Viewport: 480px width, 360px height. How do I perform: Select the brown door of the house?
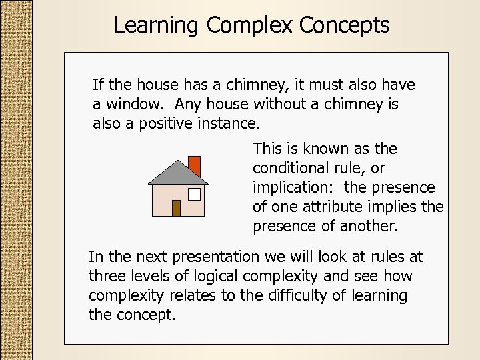click(176, 208)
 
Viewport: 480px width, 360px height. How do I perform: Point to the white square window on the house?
click(194, 194)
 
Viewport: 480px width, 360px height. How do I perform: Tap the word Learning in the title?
click(157, 25)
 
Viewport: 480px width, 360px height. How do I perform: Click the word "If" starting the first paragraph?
click(97, 85)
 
